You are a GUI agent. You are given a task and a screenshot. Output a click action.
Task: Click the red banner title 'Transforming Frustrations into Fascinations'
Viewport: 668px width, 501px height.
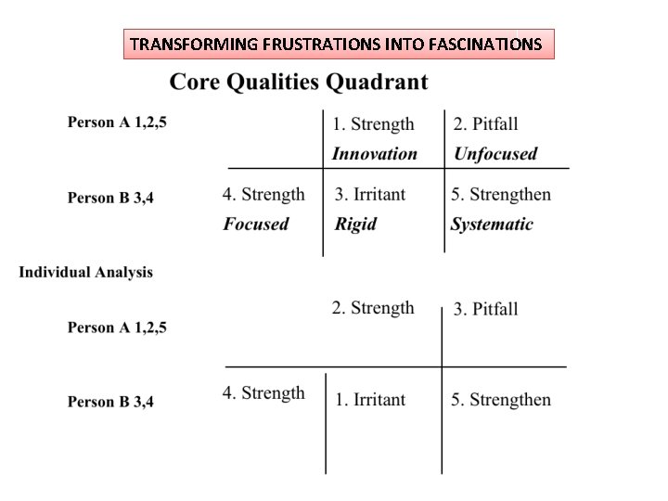pos(338,44)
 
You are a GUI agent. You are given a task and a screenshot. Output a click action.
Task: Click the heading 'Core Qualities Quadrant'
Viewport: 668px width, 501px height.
pos(298,82)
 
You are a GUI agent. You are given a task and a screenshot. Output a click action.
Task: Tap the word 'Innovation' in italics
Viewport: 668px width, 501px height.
pos(374,154)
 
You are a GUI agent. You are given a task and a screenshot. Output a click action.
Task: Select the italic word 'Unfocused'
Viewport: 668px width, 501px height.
pos(495,154)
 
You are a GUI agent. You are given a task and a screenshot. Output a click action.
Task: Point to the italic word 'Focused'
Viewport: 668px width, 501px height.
pos(256,224)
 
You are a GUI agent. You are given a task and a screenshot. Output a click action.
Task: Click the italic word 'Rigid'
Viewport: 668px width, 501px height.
pos(355,224)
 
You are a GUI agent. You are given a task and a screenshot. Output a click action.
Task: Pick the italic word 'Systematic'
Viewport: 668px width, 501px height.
pos(492,224)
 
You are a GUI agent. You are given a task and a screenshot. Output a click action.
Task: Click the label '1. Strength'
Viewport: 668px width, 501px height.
pos(373,124)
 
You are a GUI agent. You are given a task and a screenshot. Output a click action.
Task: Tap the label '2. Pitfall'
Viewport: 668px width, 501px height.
pos(485,124)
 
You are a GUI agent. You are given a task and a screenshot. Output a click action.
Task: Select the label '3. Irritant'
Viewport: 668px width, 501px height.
pos(370,195)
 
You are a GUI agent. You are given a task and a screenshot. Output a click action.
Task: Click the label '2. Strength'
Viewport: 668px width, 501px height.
pos(373,308)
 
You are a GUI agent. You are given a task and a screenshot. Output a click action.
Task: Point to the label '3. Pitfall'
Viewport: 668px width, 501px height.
pos(485,309)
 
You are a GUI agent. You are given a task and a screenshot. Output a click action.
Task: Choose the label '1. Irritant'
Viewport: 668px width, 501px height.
pos(370,400)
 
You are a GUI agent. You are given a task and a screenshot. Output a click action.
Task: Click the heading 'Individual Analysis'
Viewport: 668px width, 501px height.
pos(86,273)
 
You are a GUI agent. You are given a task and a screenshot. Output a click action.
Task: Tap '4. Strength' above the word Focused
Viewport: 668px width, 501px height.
pos(263,195)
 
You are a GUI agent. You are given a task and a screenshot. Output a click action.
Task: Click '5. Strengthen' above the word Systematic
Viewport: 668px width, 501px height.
pos(501,195)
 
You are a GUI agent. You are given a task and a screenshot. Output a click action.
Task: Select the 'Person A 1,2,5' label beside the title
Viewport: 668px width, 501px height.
pos(117,122)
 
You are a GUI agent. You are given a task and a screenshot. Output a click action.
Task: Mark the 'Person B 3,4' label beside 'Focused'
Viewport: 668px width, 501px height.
pos(110,197)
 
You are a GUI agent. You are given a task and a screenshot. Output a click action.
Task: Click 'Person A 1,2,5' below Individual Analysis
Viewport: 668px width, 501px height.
pos(117,328)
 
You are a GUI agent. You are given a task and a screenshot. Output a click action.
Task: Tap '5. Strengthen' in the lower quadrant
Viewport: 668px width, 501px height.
pos(501,400)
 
